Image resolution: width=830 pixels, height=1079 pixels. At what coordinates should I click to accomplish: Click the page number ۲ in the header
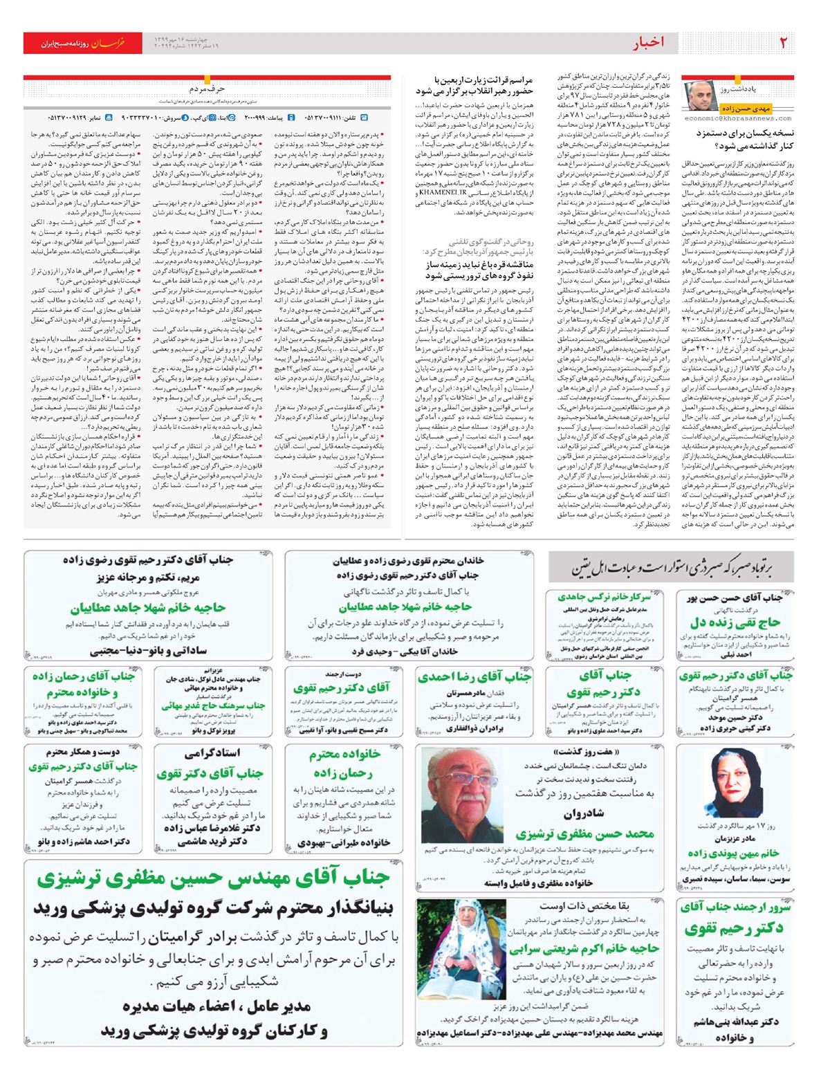[x=784, y=43]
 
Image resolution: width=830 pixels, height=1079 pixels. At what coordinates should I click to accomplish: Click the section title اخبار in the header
[x=648, y=43]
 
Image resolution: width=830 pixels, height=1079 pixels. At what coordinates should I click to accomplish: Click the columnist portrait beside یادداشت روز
[x=700, y=95]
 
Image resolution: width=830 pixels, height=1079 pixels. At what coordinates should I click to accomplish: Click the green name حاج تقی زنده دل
[x=735, y=622]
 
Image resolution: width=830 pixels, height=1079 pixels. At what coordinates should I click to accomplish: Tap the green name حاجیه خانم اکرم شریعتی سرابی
[x=584, y=949]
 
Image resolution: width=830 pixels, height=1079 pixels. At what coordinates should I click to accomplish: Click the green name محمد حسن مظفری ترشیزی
[x=584, y=834]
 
